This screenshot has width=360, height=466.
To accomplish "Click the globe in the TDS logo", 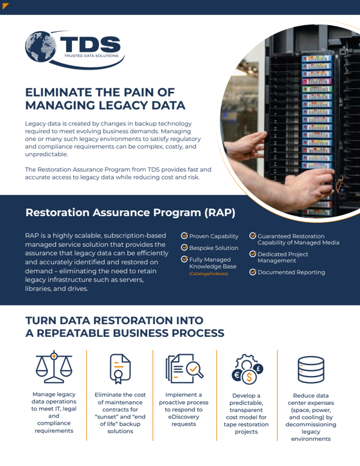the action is [x=40, y=47].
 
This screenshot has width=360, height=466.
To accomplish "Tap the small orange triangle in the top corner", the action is [x=5, y=5].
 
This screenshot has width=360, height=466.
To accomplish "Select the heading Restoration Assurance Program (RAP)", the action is [x=130, y=213].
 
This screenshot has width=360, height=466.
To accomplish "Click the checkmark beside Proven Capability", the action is [x=184, y=235].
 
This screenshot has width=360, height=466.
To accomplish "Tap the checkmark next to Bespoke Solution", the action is [x=184, y=247].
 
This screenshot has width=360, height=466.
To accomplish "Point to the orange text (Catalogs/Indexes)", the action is [x=209, y=274].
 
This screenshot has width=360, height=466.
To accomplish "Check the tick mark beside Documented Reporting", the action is [x=253, y=272].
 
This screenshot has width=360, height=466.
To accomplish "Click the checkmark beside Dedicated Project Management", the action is [x=253, y=254].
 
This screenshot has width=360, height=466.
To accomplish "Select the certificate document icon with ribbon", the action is [x=120, y=369].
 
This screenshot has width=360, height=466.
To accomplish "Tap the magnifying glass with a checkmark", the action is [x=194, y=370].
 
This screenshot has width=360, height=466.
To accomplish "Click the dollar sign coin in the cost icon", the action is [x=249, y=378].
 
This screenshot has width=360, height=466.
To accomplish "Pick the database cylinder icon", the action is [x=311, y=370].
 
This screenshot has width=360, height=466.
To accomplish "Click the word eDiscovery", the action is [x=184, y=417].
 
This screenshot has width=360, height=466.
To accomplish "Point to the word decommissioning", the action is [x=311, y=425].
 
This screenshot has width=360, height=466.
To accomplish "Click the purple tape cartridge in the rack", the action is [x=317, y=81].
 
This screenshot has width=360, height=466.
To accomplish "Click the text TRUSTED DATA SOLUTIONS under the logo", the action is [x=91, y=56].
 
